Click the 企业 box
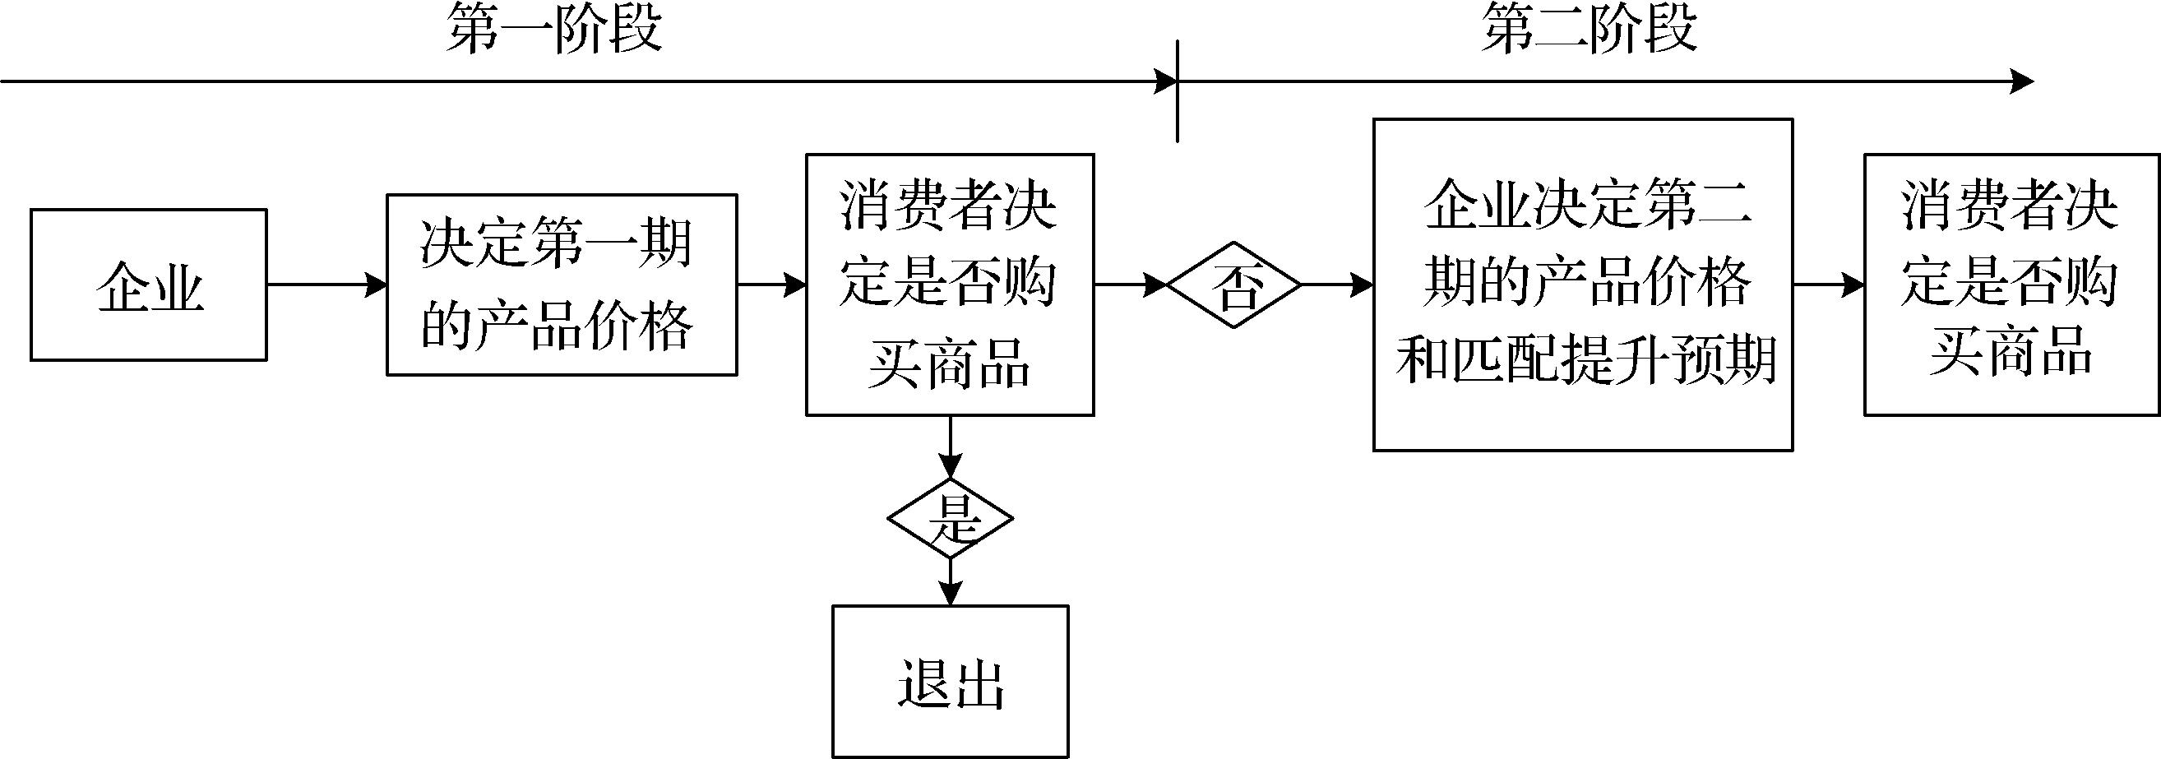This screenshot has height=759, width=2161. [149, 285]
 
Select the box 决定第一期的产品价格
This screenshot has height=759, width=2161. [562, 285]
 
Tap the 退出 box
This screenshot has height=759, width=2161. [950, 681]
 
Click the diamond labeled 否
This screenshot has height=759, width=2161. [1234, 285]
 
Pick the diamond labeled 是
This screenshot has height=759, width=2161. [950, 518]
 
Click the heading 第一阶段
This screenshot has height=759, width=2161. [554, 30]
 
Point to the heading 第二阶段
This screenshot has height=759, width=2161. [1589, 30]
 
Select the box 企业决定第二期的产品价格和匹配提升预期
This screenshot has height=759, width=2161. [1582, 285]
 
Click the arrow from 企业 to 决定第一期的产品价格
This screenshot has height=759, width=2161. [326, 285]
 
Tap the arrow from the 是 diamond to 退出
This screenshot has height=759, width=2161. [950, 581]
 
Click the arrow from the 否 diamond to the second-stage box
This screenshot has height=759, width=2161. [1337, 285]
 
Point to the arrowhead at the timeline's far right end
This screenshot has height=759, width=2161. [2022, 81]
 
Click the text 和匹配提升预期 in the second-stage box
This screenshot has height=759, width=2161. [1585, 361]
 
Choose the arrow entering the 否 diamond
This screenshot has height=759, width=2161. [1131, 285]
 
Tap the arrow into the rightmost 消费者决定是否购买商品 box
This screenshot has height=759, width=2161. [1829, 285]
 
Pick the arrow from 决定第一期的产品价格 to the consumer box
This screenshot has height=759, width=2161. [772, 285]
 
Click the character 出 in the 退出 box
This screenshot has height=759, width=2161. [979, 684]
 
